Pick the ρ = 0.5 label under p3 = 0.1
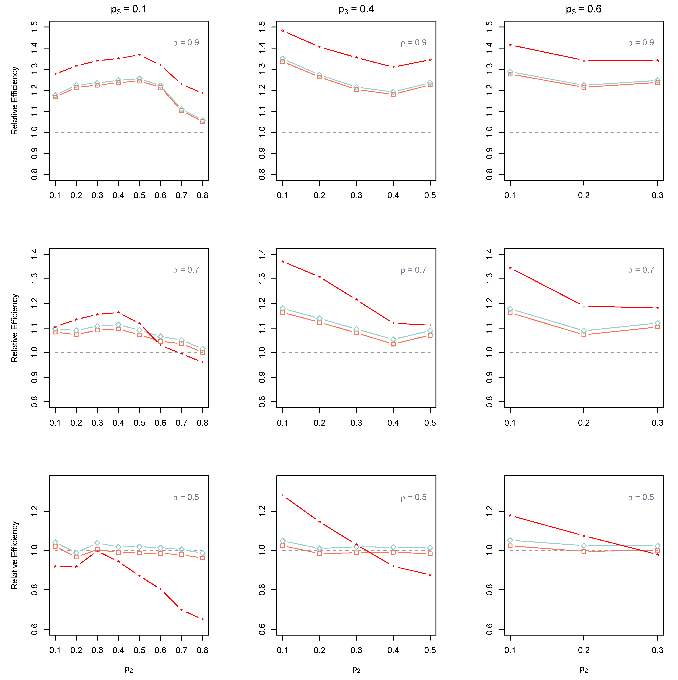pyautogui.click(x=186, y=497)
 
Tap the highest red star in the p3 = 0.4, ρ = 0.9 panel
pyautogui.click(x=283, y=31)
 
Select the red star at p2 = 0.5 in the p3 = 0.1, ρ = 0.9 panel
pyautogui.click(x=140, y=55)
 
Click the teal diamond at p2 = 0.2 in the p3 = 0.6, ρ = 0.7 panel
pyautogui.click(x=584, y=331)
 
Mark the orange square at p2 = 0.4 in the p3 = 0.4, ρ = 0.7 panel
pyautogui.click(x=393, y=344)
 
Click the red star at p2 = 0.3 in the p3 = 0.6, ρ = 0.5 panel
pyautogui.click(x=658, y=555)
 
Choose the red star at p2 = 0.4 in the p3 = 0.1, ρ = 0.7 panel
pyautogui.click(x=118, y=313)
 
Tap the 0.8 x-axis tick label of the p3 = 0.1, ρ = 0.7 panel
pyautogui.click(x=203, y=423)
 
